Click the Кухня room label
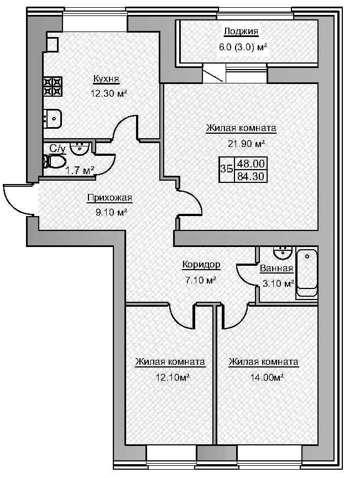pos(106,80)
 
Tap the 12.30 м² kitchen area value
pos(108,93)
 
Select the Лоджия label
pos(241,31)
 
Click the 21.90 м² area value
pos(242,143)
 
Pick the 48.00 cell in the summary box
pos(251,164)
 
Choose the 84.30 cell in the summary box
pos(251,177)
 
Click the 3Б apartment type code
pos(226,170)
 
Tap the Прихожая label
pos(109,198)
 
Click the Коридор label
pos(201,265)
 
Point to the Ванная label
pos(276,269)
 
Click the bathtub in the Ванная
pos(307,274)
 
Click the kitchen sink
pos(53,117)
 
